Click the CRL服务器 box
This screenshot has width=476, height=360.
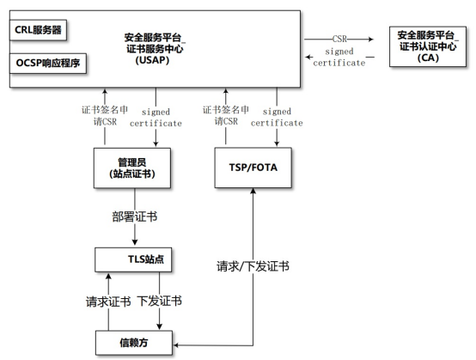pos(39,30)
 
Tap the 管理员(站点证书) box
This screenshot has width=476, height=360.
pos(134,168)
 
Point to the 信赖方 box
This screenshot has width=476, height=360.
pos(134,345)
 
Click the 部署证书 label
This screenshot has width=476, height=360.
pos(135,217)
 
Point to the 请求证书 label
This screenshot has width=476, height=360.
pos(107,302)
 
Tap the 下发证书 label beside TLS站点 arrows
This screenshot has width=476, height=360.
pos(160,302)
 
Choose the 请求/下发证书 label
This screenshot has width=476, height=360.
pos(252,266)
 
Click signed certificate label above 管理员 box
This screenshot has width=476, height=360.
pos(156,117)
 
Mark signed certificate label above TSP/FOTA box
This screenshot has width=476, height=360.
pos(277,117)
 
